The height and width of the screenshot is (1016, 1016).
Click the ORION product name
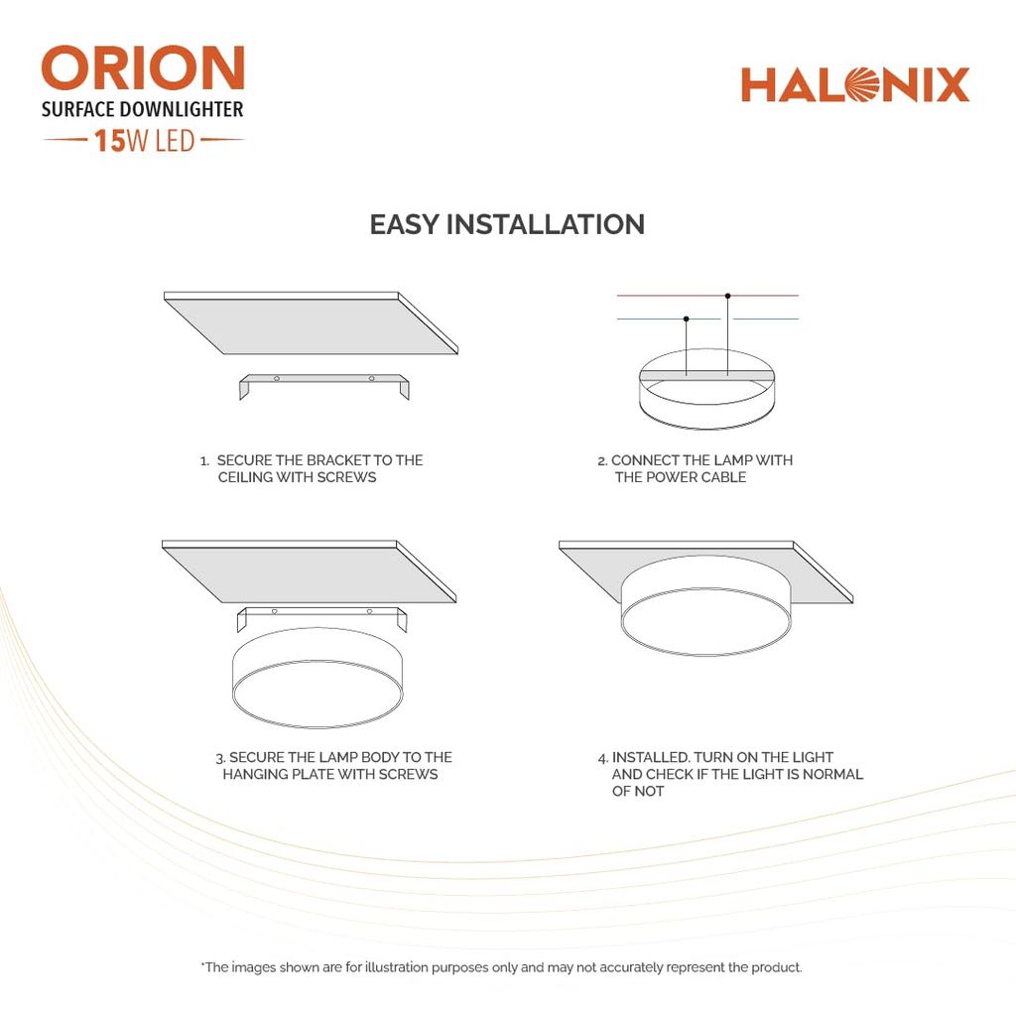(x=143, y=69)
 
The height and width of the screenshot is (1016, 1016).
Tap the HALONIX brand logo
(x=854, y=85)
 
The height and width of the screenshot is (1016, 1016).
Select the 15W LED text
(x=144, y=141)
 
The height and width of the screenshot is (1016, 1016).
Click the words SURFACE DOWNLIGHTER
(x=142, y=109)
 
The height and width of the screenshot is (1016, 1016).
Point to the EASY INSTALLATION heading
(x=507, y=224)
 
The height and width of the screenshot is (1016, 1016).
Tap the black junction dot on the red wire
(x=727, y=296)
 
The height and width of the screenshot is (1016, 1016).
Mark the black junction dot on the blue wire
(x=686, y=318)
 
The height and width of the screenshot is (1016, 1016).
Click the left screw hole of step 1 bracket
(x=278, y=378)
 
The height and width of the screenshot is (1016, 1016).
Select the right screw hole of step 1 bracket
(x=372, y=378)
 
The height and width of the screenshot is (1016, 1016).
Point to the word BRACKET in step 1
(x=337, y=460)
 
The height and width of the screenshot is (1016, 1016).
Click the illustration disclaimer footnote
(x=501, y=966)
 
